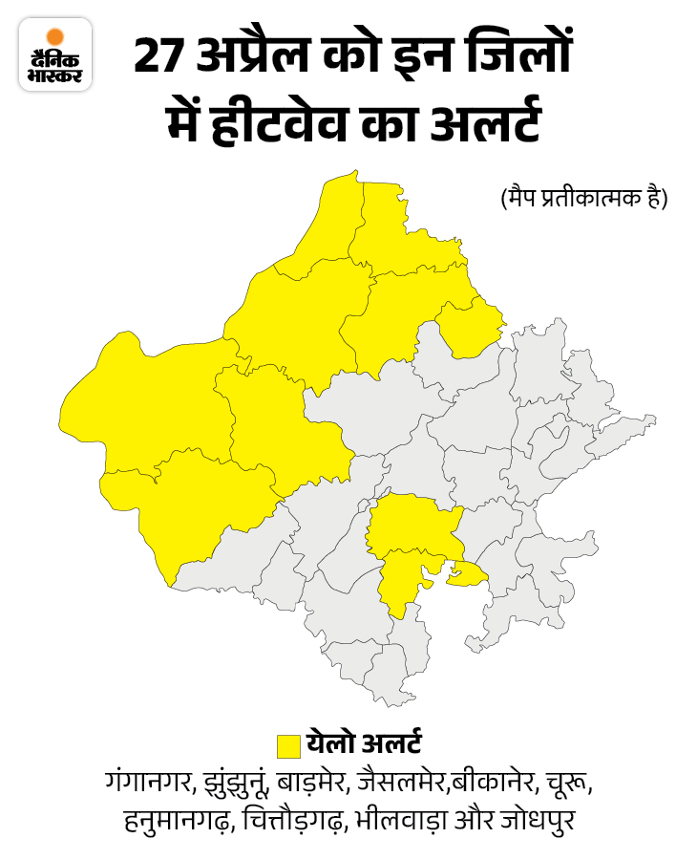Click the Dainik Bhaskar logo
tap(55, 54)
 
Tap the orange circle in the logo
tap(55, 37)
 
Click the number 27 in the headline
tap(157, 56)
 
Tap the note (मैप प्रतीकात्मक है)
tap(583, 198)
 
